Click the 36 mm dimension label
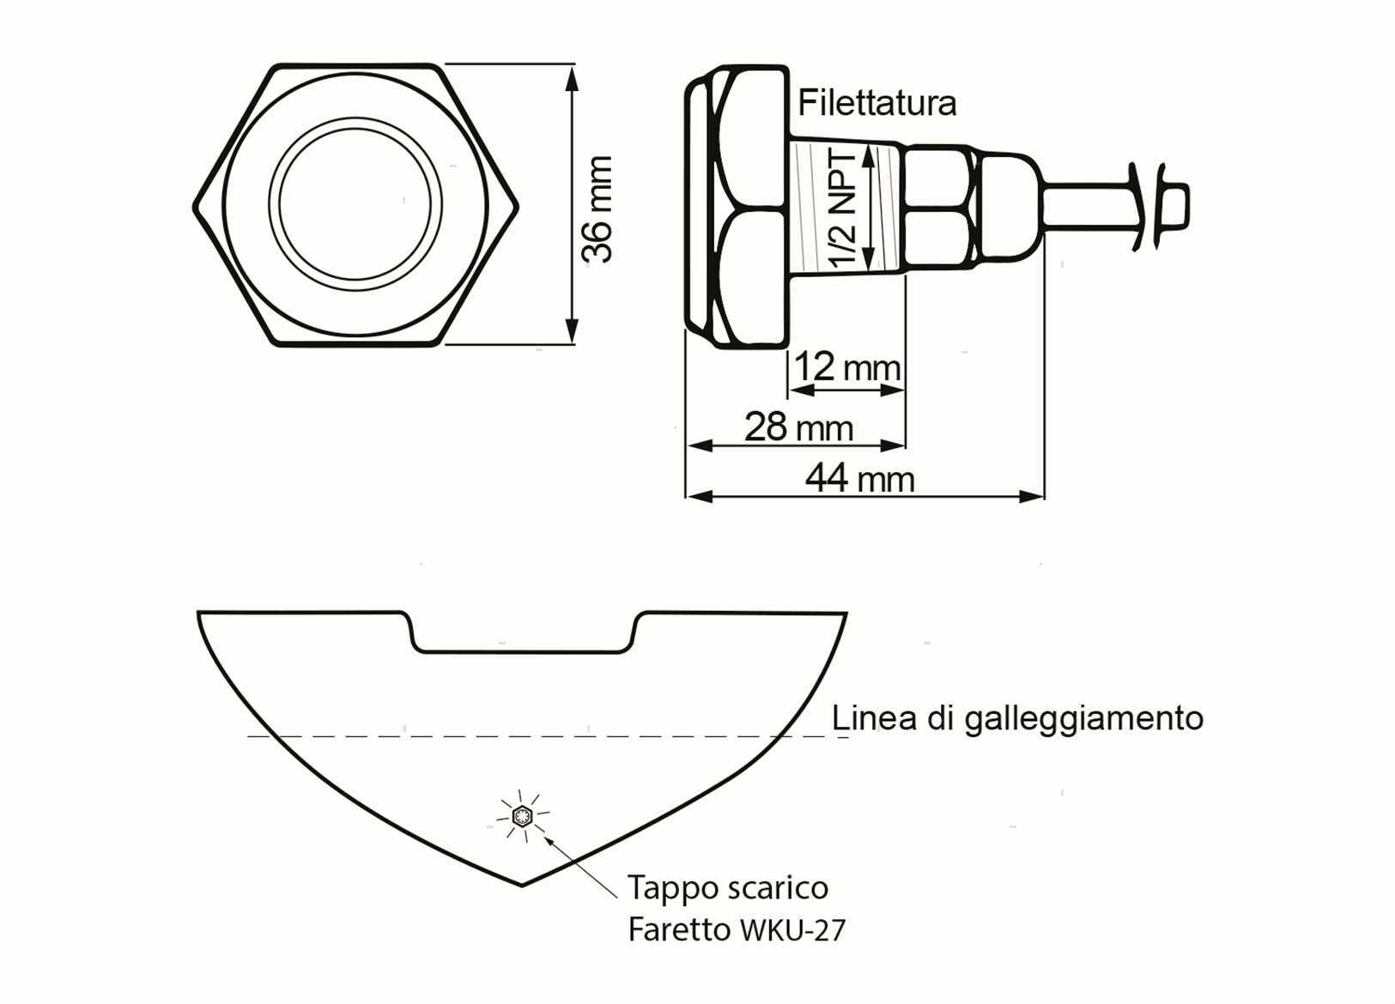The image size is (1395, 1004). [597, 209]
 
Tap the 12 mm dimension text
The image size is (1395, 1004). [847, 367]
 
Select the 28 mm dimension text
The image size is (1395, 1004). [799, 427]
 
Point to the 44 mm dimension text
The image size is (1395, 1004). [860, 480]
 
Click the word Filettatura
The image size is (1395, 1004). [876, 103]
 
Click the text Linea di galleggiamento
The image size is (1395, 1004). [1017, 718]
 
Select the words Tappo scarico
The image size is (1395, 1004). [728, 887]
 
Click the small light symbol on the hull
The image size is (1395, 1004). [522, 815]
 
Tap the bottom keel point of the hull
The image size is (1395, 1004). [522, 885]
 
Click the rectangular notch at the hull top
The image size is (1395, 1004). [523, 632]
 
